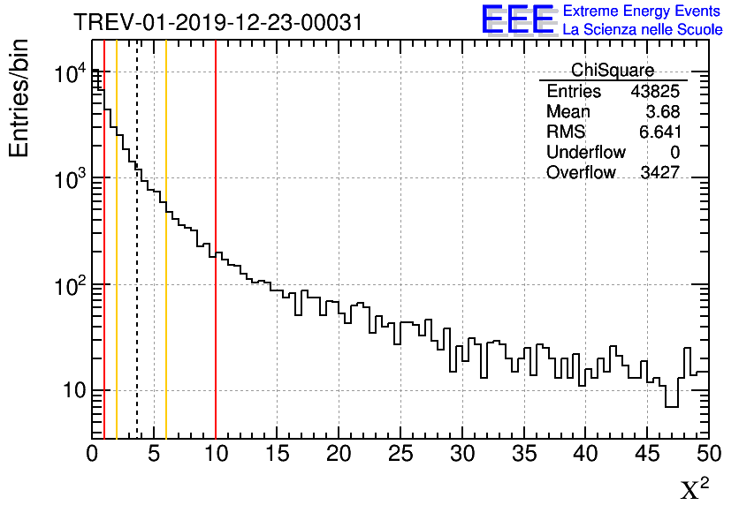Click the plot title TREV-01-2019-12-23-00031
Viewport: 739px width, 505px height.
(x=217, y=22)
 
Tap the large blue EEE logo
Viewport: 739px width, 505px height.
(x=518, y=20)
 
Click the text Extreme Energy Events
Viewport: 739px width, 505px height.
(x=643, y=11)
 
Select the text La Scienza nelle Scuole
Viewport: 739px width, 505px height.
(x=643, y=29)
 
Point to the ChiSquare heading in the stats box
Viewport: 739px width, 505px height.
(x=613, y=71)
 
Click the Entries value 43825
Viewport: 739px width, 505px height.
(x=655, y=92)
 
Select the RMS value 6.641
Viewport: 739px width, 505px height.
(x=659, y=132)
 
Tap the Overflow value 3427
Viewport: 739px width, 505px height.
(x=659, y=172)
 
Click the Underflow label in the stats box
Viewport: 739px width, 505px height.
(x=586, y=152)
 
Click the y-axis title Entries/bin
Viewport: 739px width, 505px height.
(x=19, y=98)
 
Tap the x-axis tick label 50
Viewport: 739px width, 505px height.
(x=708, y=454)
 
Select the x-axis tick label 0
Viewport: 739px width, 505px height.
(x=92, y=454)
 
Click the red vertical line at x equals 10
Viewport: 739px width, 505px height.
(x=216, y=265)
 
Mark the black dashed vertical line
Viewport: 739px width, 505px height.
(x=137, y=265)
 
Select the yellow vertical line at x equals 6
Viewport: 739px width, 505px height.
(x=166, y=265)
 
